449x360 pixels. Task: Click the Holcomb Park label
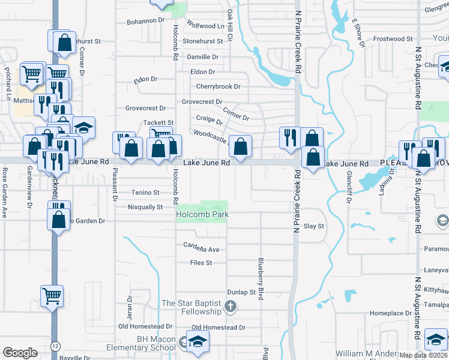202,214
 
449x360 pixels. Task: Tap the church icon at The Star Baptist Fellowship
230,308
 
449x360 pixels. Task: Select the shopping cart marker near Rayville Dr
52,296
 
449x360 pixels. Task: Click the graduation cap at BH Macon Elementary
196,342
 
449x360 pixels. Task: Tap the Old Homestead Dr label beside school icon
218,328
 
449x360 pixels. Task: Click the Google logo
20,353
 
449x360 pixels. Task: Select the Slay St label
314,226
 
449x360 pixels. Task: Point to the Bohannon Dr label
145,21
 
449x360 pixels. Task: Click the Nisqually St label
145,207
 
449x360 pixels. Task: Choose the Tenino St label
146,193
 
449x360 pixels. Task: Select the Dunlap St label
241,292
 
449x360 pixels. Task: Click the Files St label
201,263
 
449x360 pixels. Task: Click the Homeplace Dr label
390,313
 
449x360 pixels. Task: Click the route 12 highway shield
55,347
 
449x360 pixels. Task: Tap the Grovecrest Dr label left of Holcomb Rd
145,108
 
